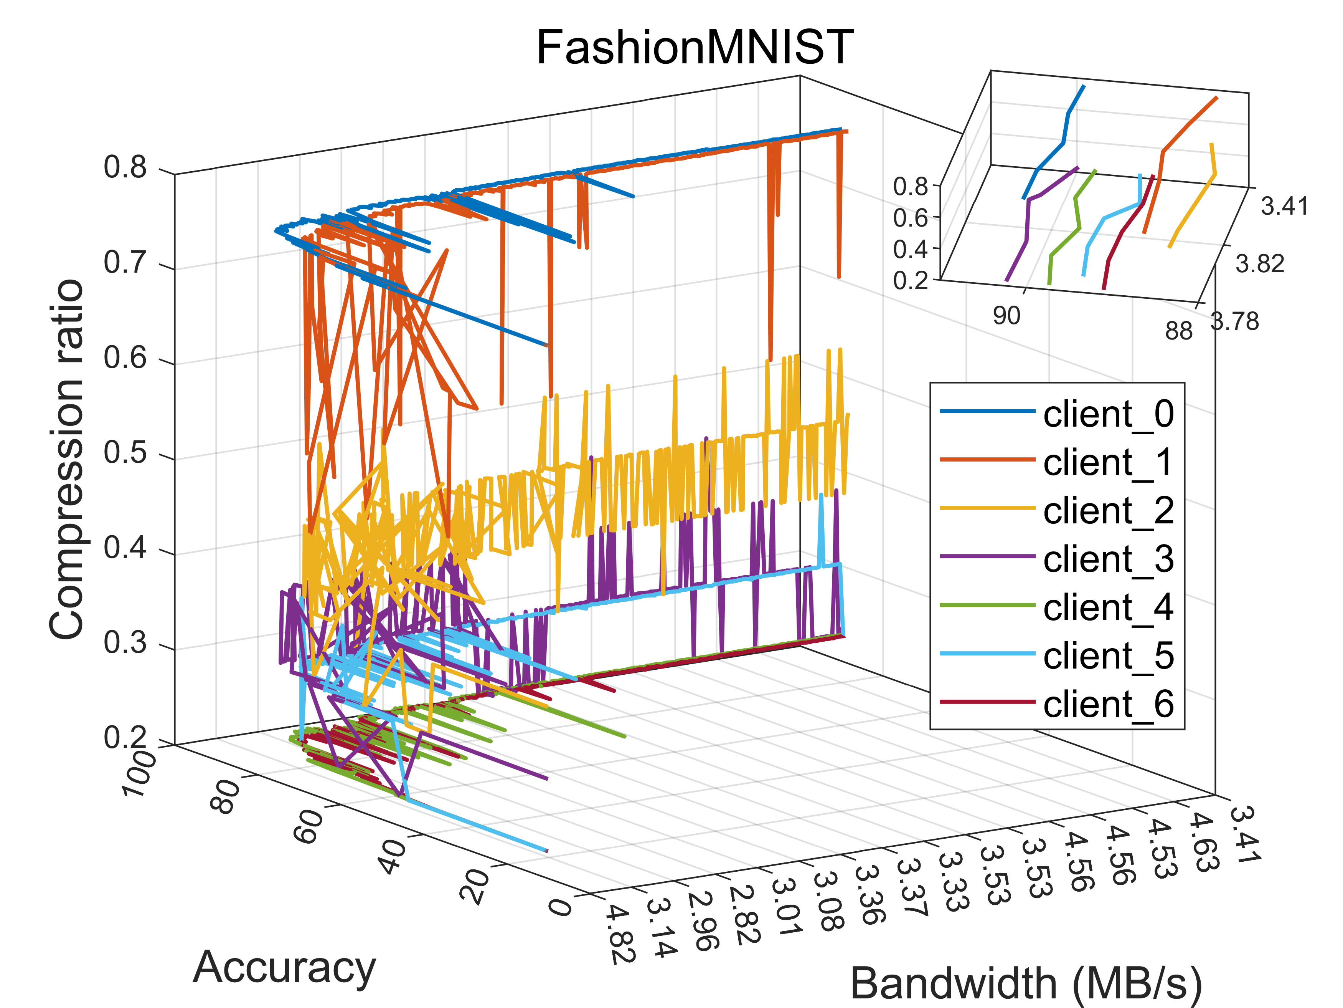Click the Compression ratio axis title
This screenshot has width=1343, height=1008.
(x=67, y=459)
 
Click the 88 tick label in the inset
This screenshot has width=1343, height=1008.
(x=1178, y=331)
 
